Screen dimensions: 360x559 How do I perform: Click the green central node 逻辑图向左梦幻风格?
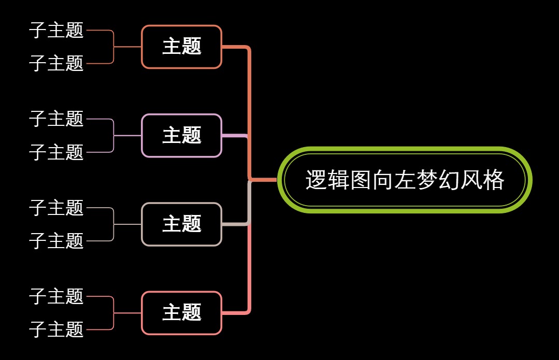(405, 180)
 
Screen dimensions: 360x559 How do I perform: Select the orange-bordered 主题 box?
(181, 47)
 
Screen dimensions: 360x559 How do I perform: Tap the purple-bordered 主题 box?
(181, 136)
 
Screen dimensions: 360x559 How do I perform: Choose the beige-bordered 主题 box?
(181, 224)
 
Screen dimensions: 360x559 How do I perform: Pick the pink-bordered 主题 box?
(181, 313)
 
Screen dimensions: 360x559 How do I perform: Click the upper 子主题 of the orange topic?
(56, 30)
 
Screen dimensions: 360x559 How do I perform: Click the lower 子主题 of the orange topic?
(56, 63)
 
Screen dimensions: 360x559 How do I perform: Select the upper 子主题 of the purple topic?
(56, 119)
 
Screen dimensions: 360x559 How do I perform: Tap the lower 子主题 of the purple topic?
(56, 152)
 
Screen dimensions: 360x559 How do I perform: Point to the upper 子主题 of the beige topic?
(56, 208)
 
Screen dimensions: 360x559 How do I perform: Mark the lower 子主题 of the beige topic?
(56, 241)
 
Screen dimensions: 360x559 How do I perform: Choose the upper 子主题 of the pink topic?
(56, 296)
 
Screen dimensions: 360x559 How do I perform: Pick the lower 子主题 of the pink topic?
(56, 329)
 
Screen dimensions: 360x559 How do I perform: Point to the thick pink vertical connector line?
(250, 269)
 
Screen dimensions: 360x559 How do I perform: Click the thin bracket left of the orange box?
(113, 47)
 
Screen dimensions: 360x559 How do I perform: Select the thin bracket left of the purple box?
(113, 136)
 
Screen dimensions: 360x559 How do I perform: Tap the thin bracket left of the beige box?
(113, 224)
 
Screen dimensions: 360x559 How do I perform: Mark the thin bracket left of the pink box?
(113, 313)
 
